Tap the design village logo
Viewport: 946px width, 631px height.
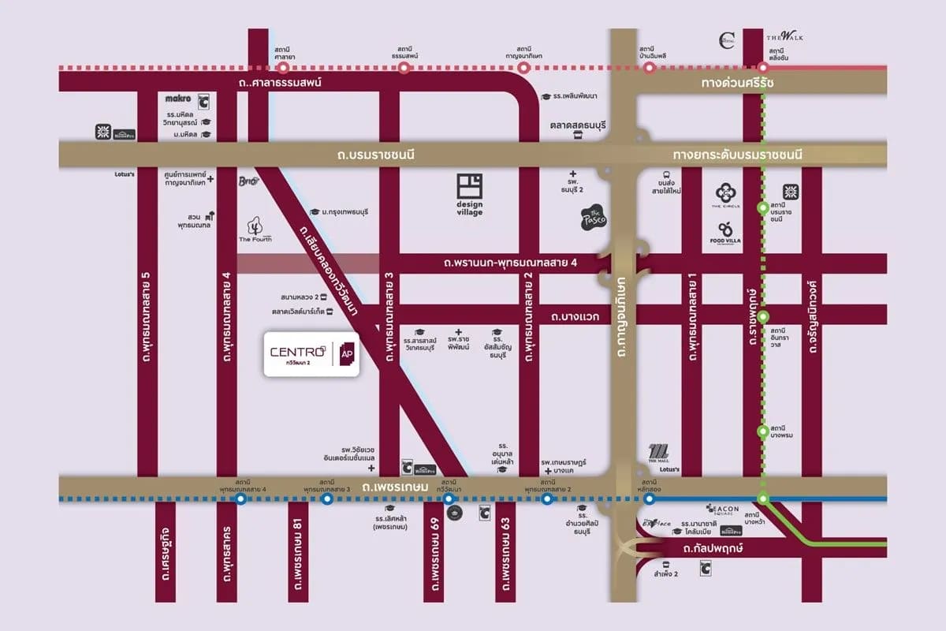pyautogui.click(x=470, y=195)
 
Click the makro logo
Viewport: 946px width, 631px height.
pyautogui.click(x=179, y=99)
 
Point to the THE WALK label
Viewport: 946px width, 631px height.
pyautogui.click(x=784, y=37)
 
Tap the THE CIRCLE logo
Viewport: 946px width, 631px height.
pyautogui.click(x=725, y=194)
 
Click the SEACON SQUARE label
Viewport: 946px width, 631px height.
pyautogui.click(x=723, y=510)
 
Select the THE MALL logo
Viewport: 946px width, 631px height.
pyautogui.click(x=659, y=453)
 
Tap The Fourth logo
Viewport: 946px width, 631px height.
pyautogui.click(x=255, y=230)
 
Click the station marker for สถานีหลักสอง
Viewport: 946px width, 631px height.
pyautogui.click(x=650, y=498)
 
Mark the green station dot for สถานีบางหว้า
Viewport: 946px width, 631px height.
pyautogui.click(x=762, y=498)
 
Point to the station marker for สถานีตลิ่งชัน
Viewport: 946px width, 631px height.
pyautogui.click(x=762, y=68)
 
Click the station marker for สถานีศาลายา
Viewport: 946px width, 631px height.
pyautogui.click(x=280, y=68)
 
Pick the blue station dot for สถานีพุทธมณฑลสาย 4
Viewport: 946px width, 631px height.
pyautogui.click(x=241, y=498)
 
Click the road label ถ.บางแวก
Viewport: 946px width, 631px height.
pyautogui.click(x=575, y=315)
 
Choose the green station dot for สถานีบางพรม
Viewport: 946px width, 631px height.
pyautogui.click(x=762, y=431)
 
